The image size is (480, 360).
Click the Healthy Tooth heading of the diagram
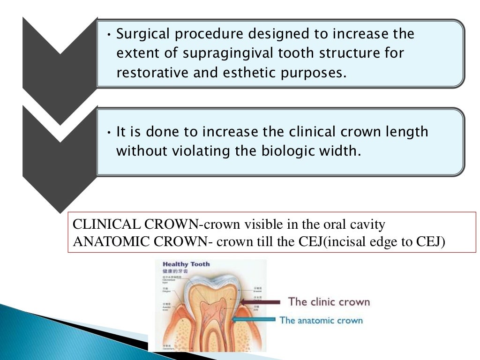click(186, 264)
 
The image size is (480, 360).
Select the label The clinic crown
click(329, 301)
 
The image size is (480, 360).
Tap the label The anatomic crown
click(321, 321)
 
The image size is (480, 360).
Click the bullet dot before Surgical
click(109, 35)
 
